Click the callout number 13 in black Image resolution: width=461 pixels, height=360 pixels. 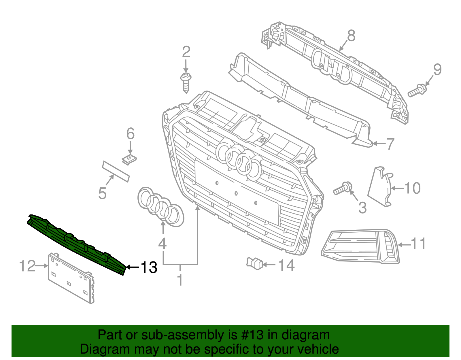(149, 267)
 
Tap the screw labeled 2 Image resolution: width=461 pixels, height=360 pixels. (186, 82)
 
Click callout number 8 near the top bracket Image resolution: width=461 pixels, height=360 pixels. (351, 36)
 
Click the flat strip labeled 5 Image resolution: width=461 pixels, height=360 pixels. (116, 171)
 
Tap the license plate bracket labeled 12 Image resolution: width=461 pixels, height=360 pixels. (71, 278)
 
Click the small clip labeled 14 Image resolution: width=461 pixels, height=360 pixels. (254, 263)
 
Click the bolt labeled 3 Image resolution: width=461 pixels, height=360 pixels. (342, 189)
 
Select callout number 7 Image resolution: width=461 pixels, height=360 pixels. (390, 144)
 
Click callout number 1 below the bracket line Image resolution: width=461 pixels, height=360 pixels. (180, 280)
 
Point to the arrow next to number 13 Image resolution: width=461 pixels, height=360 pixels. (133, 267)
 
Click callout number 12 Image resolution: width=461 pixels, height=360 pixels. (27, 266)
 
